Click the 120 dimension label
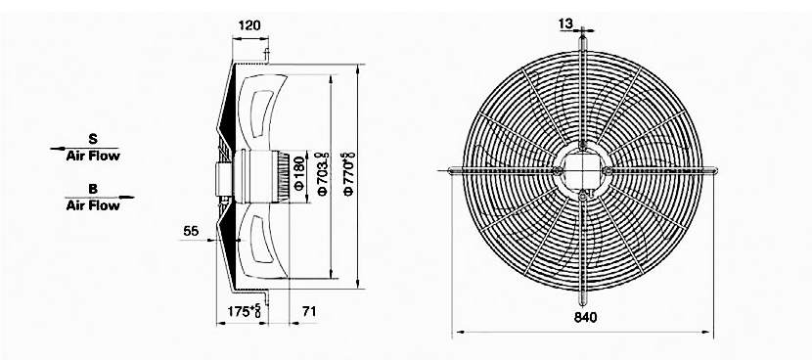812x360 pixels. pos(249,25)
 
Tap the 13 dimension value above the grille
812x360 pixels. pos(566,23)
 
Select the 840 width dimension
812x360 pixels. pos(586,318)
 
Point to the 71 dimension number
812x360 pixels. pos(308,311)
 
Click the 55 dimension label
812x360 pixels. pos(191,231)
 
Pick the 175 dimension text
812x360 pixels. pos(244,311)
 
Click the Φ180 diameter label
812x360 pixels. pos(299,172)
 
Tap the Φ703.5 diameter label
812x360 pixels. pos(323,174)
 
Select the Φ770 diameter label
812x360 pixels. pos(349,174)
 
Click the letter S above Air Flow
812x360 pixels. pos(93,139)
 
